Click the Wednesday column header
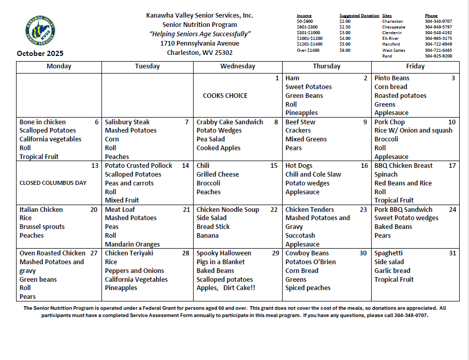point(238,66)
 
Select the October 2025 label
point(40,53)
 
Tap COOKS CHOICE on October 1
point(225,96)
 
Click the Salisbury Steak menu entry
point(127,122)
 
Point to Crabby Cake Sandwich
point(230,122)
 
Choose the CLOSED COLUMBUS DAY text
point(53,183)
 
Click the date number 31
point(452,253)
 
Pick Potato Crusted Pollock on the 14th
point(139,166)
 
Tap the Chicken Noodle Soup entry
point(228,210)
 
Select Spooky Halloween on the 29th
point(224,253)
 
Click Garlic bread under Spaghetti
point(392,271)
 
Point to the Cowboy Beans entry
point(307,253)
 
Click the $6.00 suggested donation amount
point(345,50)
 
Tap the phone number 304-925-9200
point(438,56)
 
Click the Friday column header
point(415,66)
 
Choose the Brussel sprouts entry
point(42,227)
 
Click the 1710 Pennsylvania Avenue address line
point(200,44)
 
